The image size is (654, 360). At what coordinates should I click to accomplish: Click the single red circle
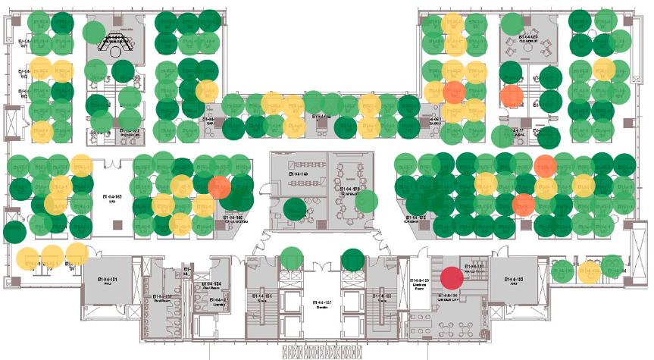pos(452,279)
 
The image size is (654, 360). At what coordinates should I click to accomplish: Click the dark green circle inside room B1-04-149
pos(294,209)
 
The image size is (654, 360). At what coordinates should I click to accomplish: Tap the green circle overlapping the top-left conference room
pos(93,33)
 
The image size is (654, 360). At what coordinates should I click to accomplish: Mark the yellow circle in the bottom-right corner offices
pos(589,273)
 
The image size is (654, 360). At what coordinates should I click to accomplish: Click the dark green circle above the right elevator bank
pos(352,260)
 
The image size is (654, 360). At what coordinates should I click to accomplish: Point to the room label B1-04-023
pos(527,36)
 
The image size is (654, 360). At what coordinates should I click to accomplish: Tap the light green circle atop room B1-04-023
pos(512,23)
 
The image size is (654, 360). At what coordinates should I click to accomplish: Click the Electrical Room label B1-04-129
pos(421,283)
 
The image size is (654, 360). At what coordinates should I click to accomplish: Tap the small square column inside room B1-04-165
pos(117,223)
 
